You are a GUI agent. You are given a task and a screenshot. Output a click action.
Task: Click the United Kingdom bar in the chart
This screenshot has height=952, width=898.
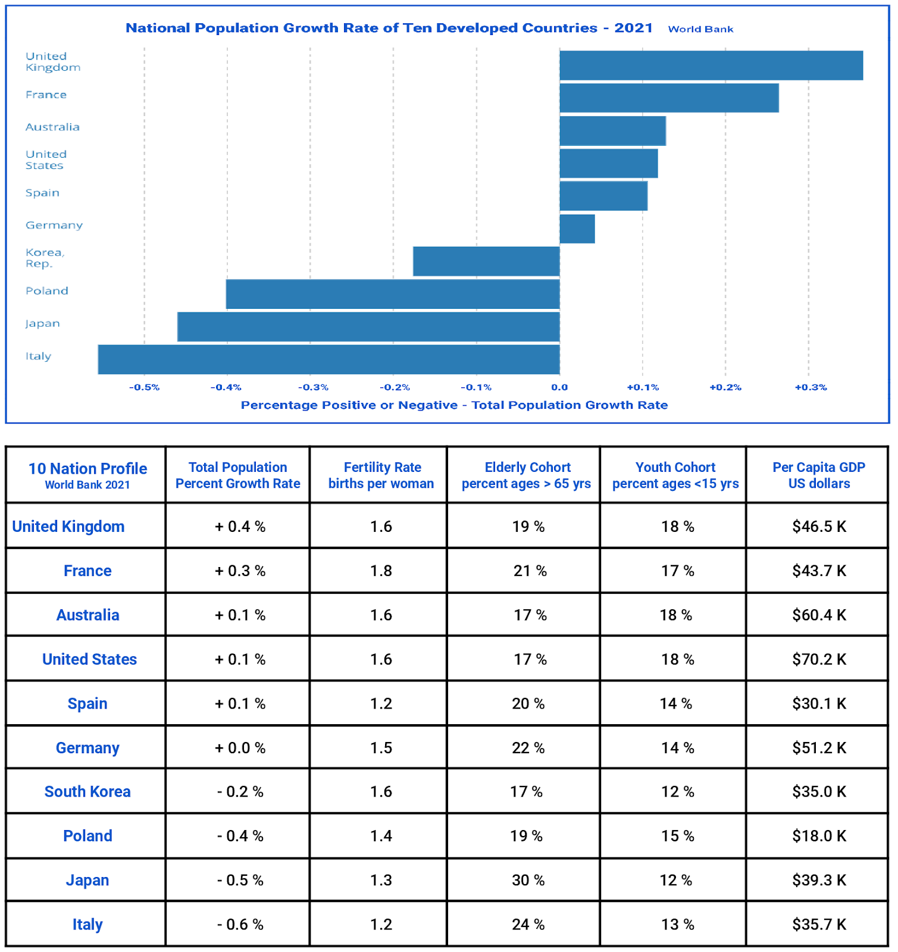coord(711,65)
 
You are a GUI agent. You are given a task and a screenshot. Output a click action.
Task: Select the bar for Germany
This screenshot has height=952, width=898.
coord(577,228)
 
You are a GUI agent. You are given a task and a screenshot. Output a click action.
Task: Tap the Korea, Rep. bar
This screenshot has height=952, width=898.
coord(486,261)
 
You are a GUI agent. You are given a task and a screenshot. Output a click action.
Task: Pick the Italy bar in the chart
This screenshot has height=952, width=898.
coord(328,359)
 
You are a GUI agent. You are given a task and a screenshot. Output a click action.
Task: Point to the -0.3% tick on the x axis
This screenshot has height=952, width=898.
coord(313,387)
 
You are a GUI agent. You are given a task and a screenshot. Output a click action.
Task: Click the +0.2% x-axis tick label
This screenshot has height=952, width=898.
coord(725,387)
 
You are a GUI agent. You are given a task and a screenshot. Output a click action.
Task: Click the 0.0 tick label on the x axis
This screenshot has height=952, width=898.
coord(559,387)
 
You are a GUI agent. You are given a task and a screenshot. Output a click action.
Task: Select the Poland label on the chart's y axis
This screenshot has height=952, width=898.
coord(47,291)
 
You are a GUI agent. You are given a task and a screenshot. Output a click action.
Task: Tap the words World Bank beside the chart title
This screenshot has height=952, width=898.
coord(700,29)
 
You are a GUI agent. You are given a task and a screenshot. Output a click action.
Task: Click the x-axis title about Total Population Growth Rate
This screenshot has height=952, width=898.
coord(454,405)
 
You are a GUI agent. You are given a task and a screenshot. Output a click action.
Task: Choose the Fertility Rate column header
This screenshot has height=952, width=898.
coord(381,475)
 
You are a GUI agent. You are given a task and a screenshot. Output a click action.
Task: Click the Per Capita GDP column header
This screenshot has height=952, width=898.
coord(818,475)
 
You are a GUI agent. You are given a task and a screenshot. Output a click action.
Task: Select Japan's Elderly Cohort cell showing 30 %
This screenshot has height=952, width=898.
coord(528,880)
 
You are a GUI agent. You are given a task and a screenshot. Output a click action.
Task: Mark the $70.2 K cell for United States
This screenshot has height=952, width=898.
coord(818,659)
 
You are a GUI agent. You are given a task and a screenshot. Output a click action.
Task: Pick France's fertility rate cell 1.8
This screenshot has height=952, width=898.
coord(381,571)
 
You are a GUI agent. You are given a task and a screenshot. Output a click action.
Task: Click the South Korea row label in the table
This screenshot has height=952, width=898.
coord(87,792)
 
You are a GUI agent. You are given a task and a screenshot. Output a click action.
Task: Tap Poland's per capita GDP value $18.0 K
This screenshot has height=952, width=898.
coord(818,836)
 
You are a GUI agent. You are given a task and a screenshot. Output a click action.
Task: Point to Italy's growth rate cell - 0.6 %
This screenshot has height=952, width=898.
coord(240,925)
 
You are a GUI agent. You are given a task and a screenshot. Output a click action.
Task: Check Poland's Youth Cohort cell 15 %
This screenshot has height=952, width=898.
coord(677,836)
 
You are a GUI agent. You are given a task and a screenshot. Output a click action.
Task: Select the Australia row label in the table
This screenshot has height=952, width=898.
coord(87,615)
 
